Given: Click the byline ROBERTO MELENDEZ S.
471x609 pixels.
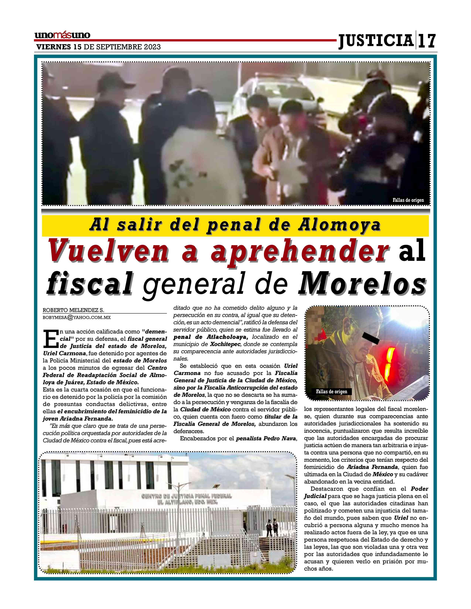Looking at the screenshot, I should click(x=73, y=310).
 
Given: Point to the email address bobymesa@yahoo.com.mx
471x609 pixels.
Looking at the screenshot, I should click(x=77, y=317).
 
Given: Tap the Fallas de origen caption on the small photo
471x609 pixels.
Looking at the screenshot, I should click(x=332, y=391).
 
